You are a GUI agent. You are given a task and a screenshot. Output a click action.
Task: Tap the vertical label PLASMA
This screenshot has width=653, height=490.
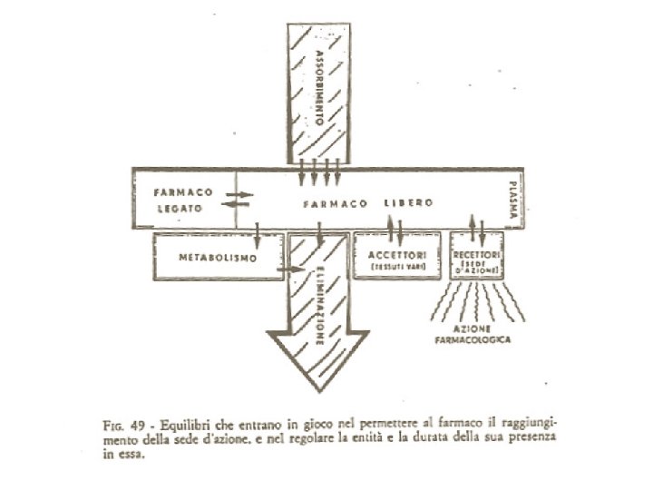512,199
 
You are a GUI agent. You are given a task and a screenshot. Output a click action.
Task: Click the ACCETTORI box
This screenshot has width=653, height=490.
395,256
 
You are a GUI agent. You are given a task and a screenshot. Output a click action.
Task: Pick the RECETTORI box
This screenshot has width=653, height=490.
483,256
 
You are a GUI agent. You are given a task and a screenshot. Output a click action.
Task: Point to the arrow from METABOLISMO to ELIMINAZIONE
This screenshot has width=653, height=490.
290,269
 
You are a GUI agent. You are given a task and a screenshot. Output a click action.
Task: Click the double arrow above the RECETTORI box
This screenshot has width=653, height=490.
474,223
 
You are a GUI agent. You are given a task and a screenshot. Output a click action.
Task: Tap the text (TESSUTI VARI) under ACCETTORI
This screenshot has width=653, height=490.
395,268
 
